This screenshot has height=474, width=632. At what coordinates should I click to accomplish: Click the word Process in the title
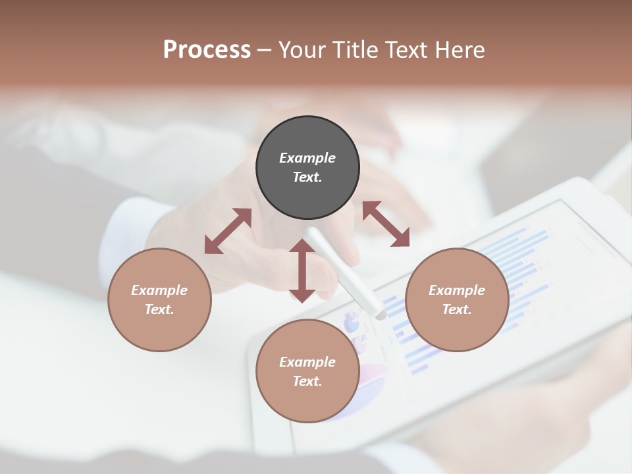point(207,50)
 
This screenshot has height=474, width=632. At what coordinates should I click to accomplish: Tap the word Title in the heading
point(352,50)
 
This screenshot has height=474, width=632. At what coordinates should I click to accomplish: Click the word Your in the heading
point(301,50)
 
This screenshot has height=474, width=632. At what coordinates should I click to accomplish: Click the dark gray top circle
point(307,168)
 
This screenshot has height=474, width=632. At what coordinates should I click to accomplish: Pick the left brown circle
point(159,300)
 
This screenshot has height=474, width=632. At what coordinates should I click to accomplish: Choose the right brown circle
point(457,300)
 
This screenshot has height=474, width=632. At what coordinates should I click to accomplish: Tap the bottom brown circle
point(307,371)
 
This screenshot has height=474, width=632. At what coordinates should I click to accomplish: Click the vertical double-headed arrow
point(302,271)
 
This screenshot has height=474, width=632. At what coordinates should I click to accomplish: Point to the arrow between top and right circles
point(386,224)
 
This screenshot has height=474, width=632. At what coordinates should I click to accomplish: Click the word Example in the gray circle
point(307,158)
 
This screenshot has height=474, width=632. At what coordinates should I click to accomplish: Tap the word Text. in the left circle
point(159,309)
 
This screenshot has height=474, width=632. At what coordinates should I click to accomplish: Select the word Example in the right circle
point(457,290)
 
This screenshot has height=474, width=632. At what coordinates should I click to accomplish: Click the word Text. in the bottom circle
point(307,381)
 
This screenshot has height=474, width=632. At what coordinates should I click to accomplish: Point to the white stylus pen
point(346,274)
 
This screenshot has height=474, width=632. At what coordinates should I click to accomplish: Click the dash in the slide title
point(264,50)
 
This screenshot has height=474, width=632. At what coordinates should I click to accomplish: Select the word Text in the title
point(408,50)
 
